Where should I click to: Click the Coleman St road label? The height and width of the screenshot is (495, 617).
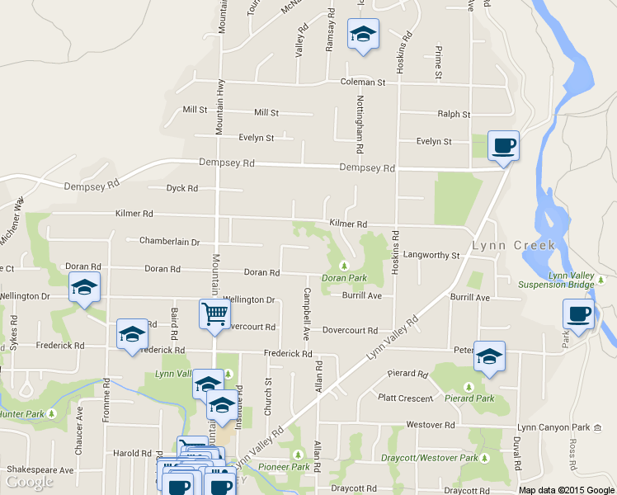click(x=364, y=82)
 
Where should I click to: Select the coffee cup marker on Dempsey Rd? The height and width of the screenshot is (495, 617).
click(x=503, y=147)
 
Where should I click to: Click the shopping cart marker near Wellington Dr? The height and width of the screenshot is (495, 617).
click(x=214, y=313)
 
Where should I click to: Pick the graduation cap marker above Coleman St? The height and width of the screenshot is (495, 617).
click(x=363, y=35)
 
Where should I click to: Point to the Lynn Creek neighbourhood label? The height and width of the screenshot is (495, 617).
click(x=514, y=245)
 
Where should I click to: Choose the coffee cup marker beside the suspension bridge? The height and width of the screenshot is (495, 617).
click(x=578, y=314)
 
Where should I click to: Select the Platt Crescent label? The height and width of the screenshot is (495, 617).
click(x=405, y=398)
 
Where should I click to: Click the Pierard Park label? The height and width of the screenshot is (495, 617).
click(x=469, y=398)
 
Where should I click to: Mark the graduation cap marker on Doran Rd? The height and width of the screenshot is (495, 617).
click(x=84, y=288)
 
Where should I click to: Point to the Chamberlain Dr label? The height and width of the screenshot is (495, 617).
click(x=170, y=242)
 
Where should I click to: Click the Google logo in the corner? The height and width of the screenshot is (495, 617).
click(x=30, y=482)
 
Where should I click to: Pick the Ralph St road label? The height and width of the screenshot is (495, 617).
click(x=454, y=115)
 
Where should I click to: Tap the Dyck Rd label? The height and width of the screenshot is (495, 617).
click(x=182, y=188)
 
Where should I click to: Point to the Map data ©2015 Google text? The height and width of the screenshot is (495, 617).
click(x=567, y=490)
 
